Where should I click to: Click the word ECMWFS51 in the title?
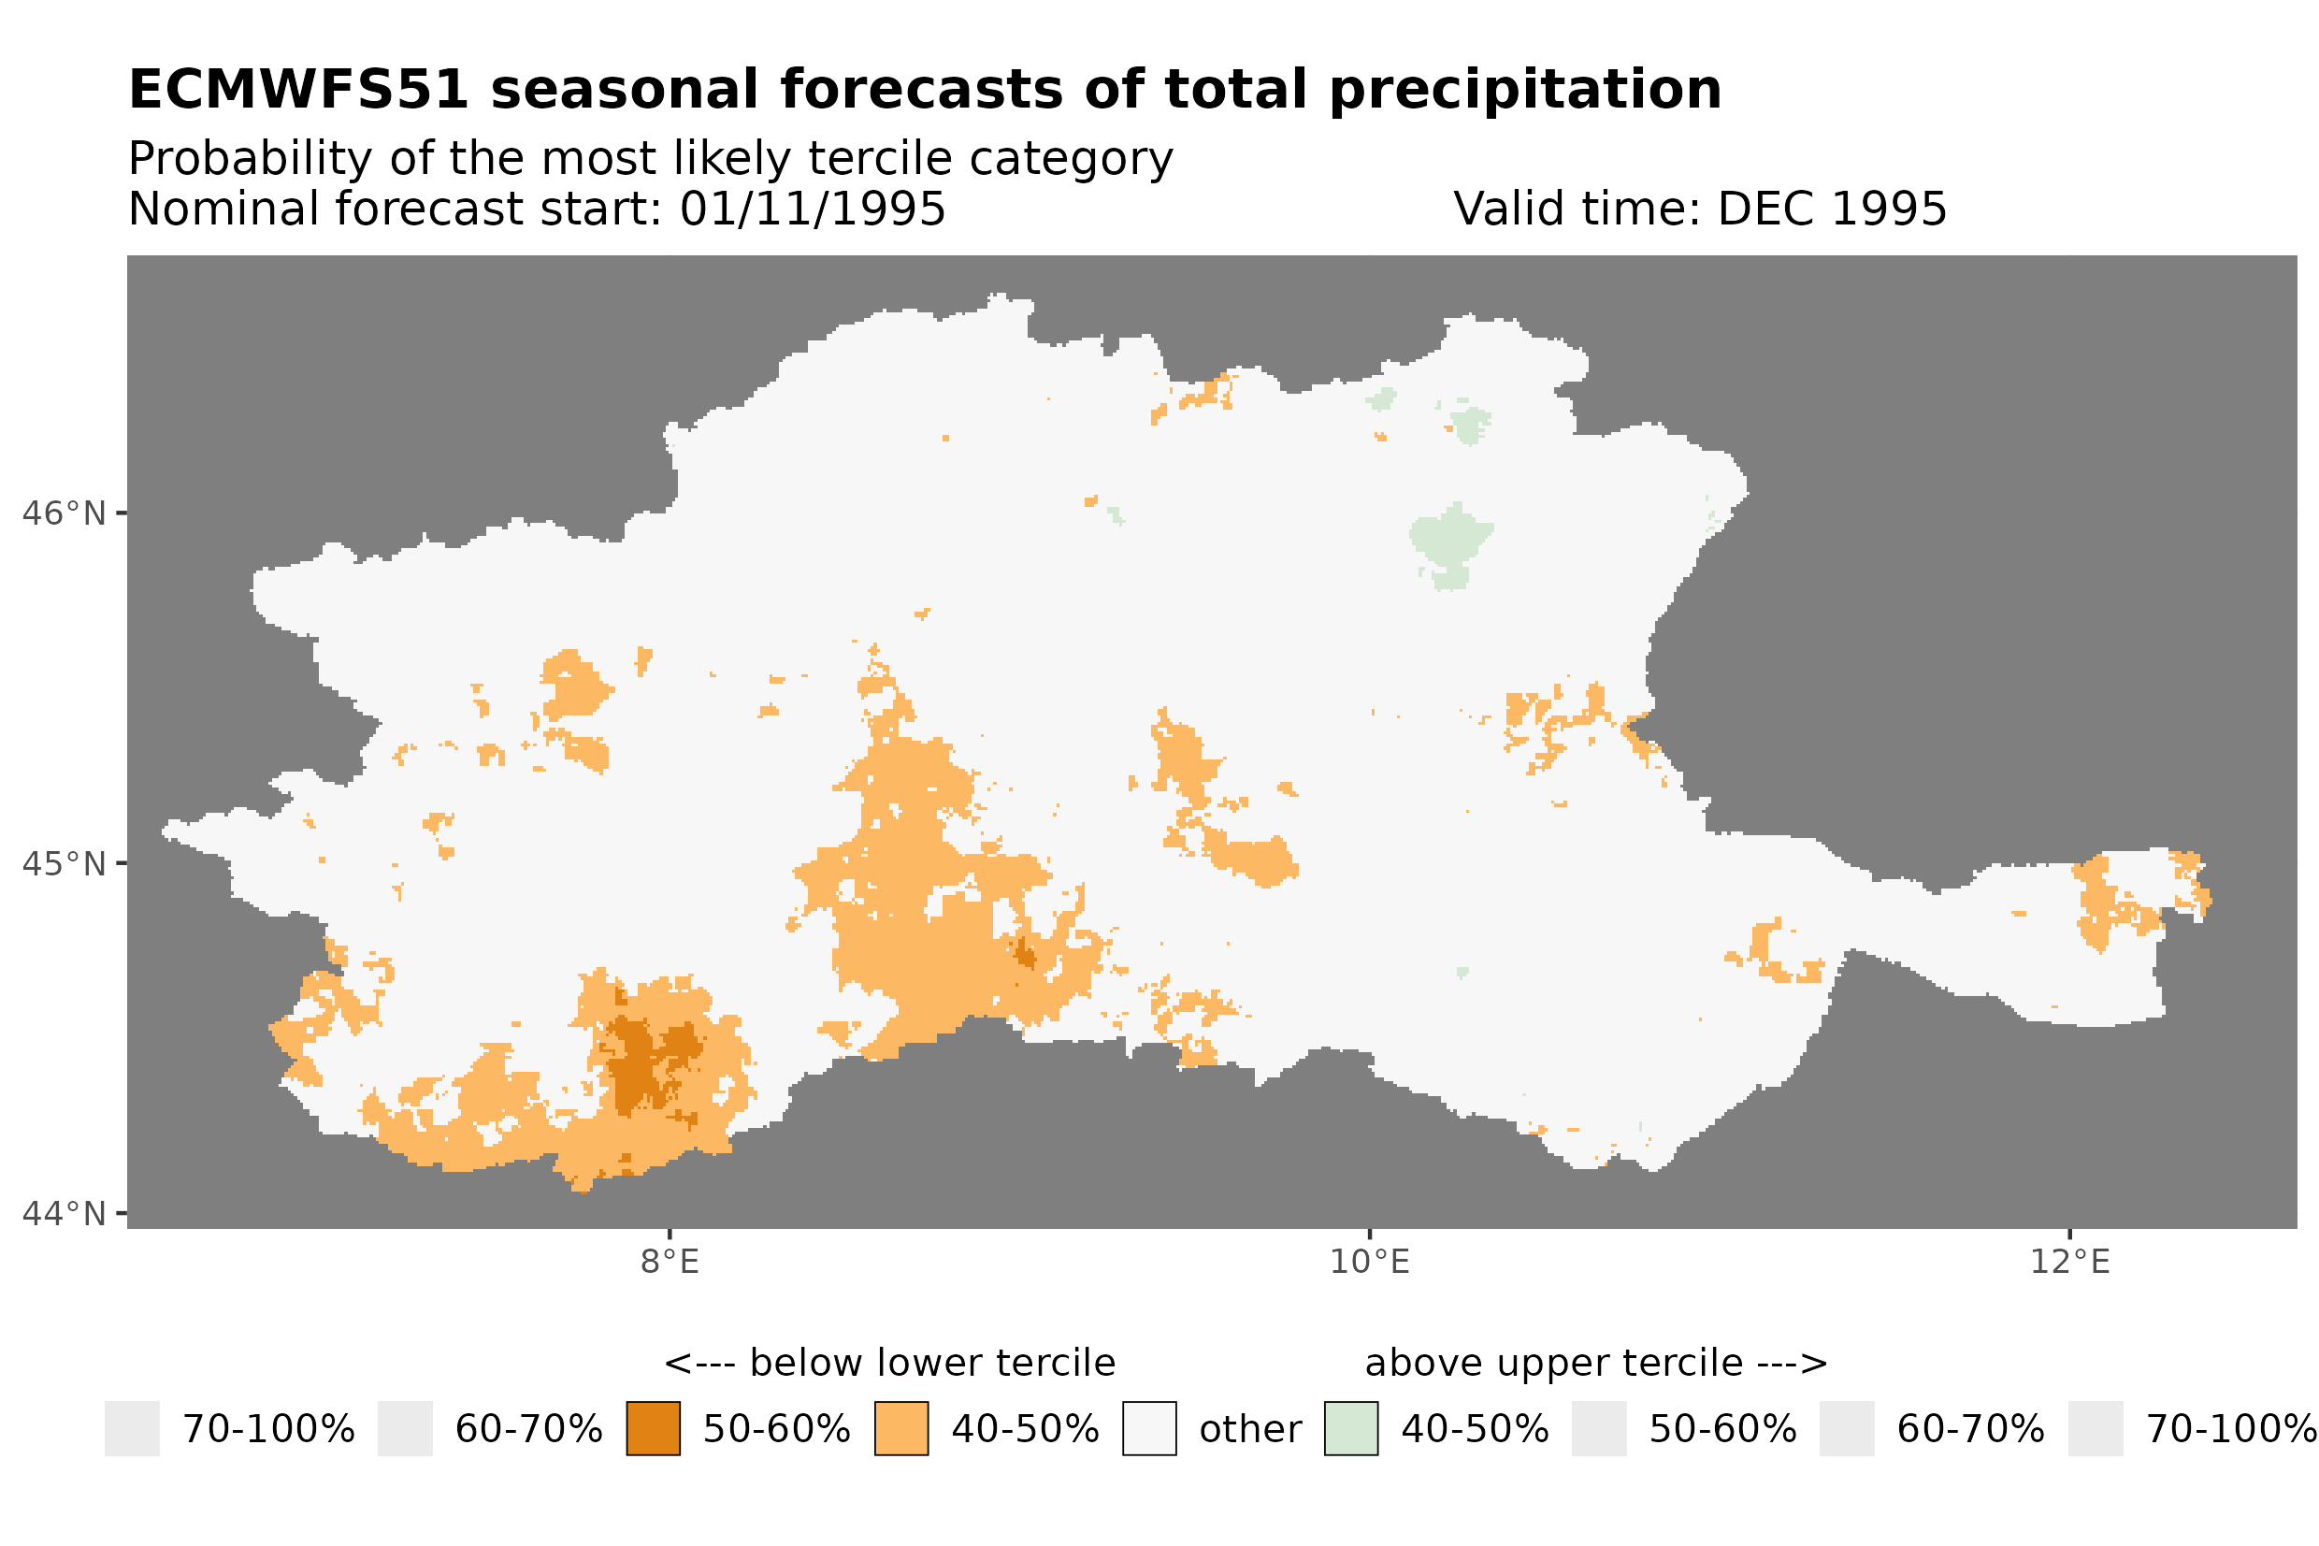point(297,90)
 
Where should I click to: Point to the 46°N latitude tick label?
point(65,513)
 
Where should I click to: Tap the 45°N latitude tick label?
point(65,863)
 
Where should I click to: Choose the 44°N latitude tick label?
point(65,1214)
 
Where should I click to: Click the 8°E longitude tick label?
point(670,1262)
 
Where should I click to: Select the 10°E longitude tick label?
point(1370,1262)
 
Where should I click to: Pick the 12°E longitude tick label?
point(2069,1262)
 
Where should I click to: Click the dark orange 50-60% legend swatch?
point(654,1429)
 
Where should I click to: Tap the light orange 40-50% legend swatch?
point(900,1429)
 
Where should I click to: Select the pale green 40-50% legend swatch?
point(1351,1429)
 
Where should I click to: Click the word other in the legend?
point(1249,1430)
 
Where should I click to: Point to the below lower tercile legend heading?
point(889,1364)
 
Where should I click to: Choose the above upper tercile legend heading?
point(1595,1364)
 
